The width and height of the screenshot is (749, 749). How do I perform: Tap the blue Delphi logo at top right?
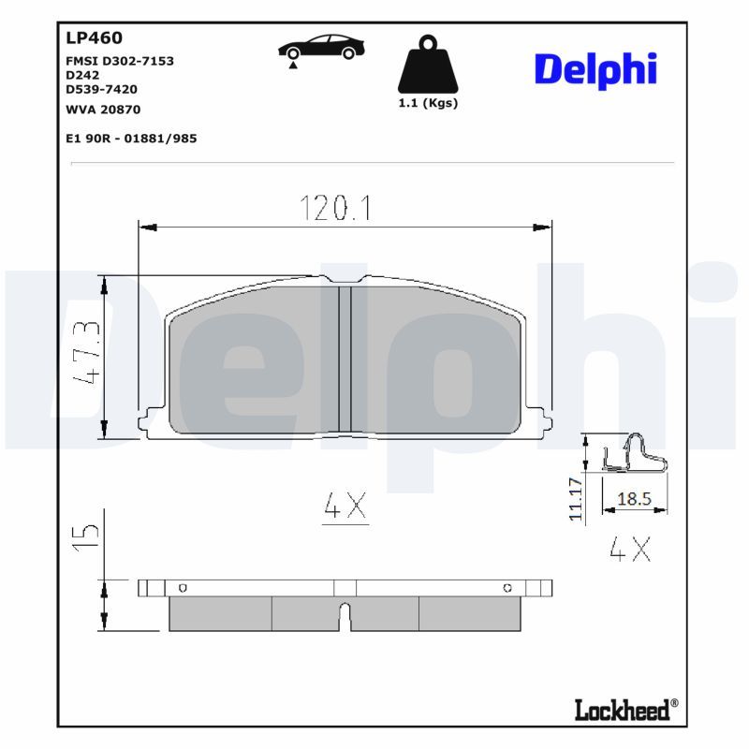[595, 70]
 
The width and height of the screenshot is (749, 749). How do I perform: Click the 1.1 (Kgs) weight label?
[428, 103]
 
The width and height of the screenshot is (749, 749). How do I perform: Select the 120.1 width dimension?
[335, 207]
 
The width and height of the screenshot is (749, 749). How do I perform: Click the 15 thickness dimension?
[86, 534]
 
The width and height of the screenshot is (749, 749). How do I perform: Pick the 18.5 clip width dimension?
[634, 500]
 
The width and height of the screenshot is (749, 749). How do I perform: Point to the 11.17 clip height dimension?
[576, 498]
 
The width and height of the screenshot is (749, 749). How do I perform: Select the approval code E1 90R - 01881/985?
[131, 138]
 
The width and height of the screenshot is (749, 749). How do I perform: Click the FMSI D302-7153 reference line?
[120, 61]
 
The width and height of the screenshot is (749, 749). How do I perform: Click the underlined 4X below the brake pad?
[345, 507]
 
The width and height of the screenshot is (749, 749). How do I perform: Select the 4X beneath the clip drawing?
[629, 549]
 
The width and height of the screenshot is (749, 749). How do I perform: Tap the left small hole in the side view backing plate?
[183, 588]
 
